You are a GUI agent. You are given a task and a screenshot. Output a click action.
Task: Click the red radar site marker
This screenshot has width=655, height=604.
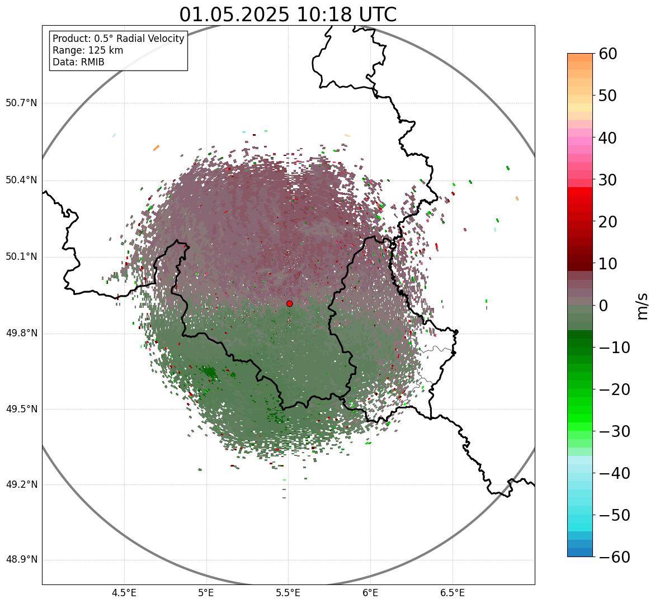pyautogui.click(x=290, y=303)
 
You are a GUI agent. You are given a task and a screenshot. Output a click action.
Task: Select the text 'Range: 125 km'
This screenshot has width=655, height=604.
pyautogui.click(x=88, y=50)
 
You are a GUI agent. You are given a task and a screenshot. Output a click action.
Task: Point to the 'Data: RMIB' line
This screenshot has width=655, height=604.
pyautogui.click(x=78, y=62)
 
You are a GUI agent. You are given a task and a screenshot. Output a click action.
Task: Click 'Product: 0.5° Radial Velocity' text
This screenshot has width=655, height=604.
pyautogui.click(x=118, y=39)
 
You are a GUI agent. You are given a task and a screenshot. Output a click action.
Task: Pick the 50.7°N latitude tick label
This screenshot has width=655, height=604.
pyautogui.click(x=21, y=103)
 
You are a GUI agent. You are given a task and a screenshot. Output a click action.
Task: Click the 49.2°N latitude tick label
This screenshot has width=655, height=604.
pyautogui.click(x=21, y=484)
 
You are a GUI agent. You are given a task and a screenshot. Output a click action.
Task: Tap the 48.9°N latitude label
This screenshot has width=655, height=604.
pyautogui.click(x=21, y=560)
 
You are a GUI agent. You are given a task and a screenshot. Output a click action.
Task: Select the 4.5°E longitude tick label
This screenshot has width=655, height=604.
pyautogui.click(x=124, y=593)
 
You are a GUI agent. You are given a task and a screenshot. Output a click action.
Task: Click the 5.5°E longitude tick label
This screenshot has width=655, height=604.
pyautogui.click(x=288, y=593)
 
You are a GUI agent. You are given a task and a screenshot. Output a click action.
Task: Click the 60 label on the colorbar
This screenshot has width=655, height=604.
pyautogui.click(x=608, y=54)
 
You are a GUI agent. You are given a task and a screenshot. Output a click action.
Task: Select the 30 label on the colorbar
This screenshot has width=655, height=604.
pyautogui.click(x=608, y=180)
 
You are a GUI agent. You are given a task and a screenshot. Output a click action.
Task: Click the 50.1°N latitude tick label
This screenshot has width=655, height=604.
pyautogui.click(x=21, y=257)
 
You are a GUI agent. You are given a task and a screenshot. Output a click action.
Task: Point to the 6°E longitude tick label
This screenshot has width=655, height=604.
pyautogui.click(x=370, y=593)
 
